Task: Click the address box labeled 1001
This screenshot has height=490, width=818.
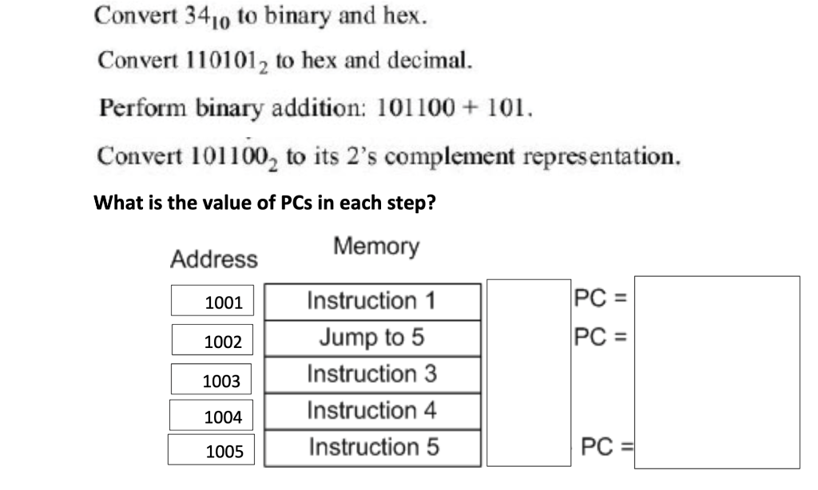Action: pyautogui.click(x=212, y=302)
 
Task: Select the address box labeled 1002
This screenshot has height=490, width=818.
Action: pyautogui.click(x=212, y=340)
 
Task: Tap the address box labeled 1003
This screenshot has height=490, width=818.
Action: pyautogui.click(x=212, y=379)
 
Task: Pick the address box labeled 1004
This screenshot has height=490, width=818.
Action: pyautogui.click(x=212, y=415)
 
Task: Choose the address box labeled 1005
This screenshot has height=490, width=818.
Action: pyautogui.click(x=212, y=451)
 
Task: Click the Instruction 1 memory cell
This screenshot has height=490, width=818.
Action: pyautogui.click(x=372, y=302)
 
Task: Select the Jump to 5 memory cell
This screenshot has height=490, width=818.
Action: pyautogui.click(x=372, y=338)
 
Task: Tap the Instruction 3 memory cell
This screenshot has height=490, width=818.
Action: pyautogui.click(x=372, y=374)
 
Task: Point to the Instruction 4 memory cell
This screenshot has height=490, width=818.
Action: pyautogui.click(x=372, y=411)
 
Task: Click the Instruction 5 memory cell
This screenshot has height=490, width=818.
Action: pyautogui.click(x=372, y=448)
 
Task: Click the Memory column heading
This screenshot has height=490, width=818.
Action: pyautogui.click(x=376, y=246)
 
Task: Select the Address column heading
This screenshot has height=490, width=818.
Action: pyautogui.click(x=214, y=259)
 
